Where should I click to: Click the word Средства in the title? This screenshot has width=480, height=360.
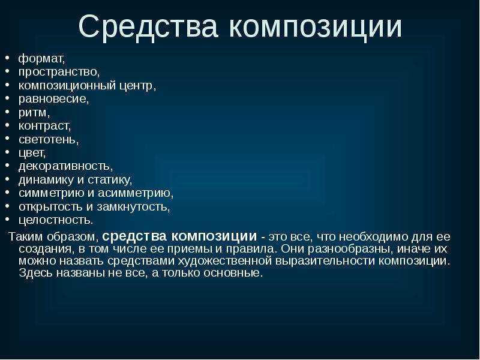pos(148,26)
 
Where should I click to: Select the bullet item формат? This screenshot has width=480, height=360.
pos(41,58)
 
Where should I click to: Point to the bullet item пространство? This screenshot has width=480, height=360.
pos(59,72)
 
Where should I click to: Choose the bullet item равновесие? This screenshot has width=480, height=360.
pos(53,99)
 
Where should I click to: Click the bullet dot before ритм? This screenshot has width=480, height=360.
pos(8,112)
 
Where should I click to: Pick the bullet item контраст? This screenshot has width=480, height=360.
pos(44,126)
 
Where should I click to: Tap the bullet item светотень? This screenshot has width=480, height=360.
pos(49,139)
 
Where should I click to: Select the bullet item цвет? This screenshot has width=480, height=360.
pos(32,153)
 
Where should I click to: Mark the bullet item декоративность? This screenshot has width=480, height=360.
pos(65,166)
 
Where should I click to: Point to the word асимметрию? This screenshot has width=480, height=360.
pos(136,193)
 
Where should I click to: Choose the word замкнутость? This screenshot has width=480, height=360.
pos(133,206)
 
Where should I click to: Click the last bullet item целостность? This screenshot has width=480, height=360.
pos(56,220)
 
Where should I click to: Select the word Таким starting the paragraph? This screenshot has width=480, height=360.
pos(26,236)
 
